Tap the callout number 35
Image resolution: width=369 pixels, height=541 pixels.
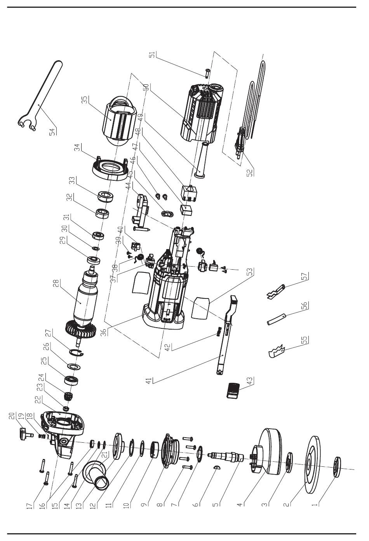(85, 100)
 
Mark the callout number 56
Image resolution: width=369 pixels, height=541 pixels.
(305, 306)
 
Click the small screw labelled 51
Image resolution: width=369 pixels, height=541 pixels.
(207, 73)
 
